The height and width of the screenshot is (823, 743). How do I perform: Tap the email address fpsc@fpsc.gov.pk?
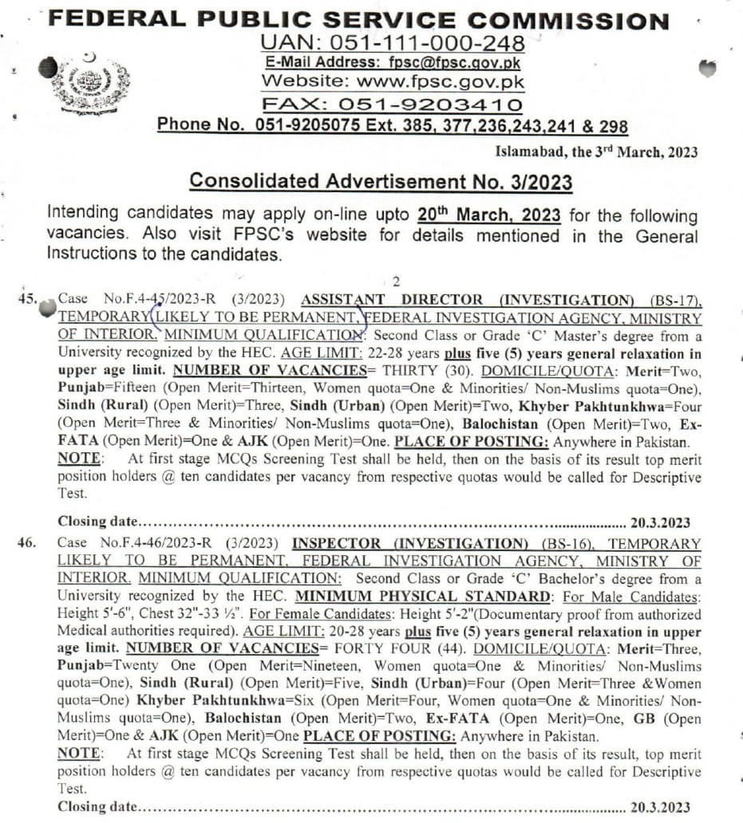456,61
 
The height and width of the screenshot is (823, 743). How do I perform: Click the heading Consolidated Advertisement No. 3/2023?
381,182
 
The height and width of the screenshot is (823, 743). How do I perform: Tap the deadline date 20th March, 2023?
489,216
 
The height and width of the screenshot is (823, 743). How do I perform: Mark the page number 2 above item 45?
395,282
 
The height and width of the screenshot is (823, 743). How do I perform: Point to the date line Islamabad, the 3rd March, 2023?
596,152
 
